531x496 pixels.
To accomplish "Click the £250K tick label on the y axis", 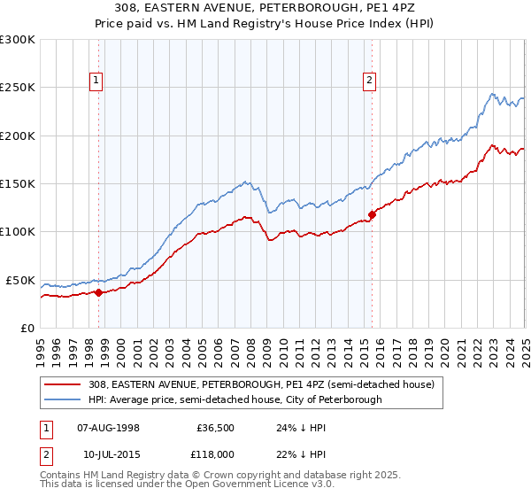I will click(17, 88).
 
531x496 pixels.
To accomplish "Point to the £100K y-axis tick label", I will click(17, 232).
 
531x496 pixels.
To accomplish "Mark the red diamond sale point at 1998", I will click(98, 292).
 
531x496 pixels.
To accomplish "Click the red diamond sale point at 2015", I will click(372, 214).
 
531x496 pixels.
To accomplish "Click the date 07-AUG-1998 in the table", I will click(109, 427).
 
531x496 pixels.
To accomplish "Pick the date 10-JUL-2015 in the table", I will click(108, 453).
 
